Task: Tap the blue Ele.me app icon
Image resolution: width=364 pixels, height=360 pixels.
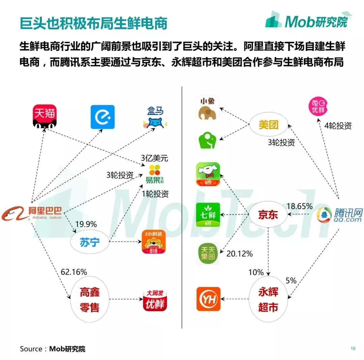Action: (102, 117)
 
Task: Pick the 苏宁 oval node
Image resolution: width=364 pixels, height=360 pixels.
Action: (90, 242)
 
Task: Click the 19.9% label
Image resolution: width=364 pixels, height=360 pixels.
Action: (86, 224)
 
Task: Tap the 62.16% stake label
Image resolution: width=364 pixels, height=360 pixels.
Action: (74, 272)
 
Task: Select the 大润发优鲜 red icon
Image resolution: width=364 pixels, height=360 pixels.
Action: (155, 299)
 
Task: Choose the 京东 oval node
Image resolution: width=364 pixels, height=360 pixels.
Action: (268, 215)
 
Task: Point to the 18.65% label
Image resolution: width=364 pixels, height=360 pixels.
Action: (299, 206)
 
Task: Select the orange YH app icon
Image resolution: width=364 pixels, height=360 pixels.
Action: (208, 299)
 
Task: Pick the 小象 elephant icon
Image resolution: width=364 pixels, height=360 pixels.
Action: (208, 108)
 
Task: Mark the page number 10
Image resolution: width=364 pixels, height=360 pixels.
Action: (353, 349)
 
